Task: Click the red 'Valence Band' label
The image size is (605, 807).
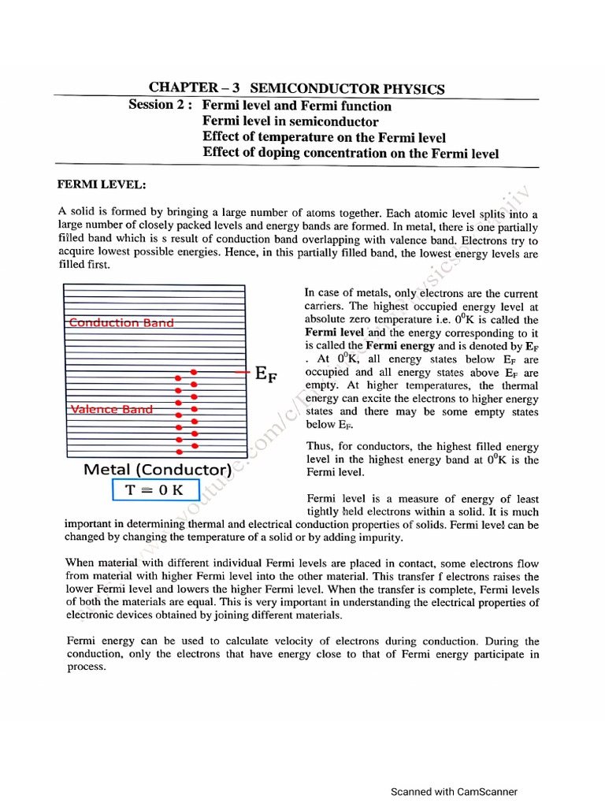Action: pyautogui.click(x=112, y=409)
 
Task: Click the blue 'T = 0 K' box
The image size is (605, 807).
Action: pyautogui.click(x=154, y=489)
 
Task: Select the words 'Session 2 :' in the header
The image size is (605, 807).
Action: pyautogui.click(x=161, y=106)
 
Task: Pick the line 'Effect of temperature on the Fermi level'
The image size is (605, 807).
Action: pyautogui.click(x=324, y=137)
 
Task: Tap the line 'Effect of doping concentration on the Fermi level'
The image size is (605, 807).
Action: pyautogui.click(x=351, y=153)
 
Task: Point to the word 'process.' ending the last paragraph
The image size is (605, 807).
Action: pyautogui.click(x=87, y=667)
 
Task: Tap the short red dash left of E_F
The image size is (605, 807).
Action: pyautogui.click(x=242, y=371)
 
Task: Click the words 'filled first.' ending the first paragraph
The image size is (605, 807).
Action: pyautogui.click(x=85, y=266)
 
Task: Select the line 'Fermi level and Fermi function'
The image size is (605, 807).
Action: pyautogui.click(x=296, y=106)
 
